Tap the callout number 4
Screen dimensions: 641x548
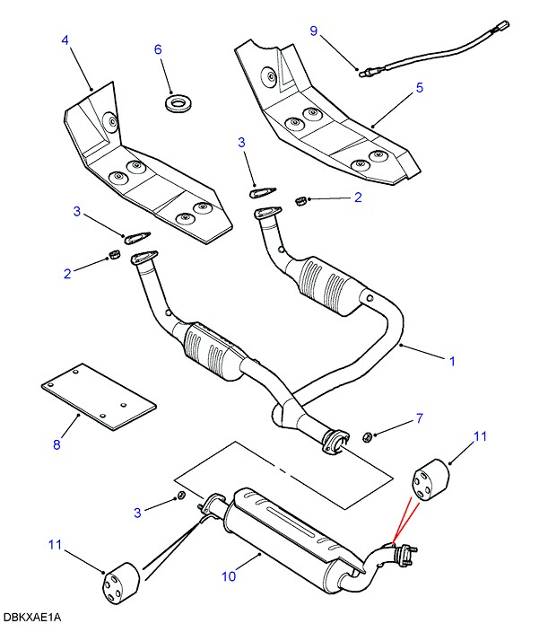coord(65,40)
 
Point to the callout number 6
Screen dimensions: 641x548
coord(158,50)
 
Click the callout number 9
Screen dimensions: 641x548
coord(314,31)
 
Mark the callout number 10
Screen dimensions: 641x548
coord(229,575)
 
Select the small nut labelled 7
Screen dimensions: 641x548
coord(368,437)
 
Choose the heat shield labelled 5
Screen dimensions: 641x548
coord(323,117)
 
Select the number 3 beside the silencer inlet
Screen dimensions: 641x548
coord(138,513)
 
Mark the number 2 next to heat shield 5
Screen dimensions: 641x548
coord(357,197)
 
